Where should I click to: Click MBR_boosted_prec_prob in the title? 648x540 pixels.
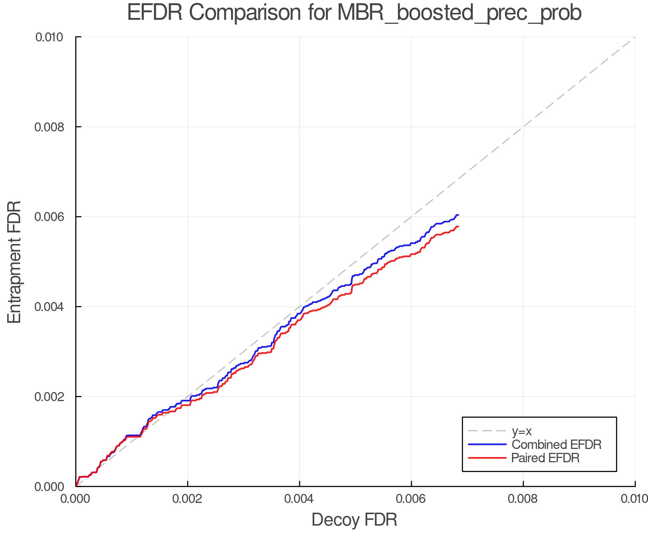pyautogui.click(x=459, y=13)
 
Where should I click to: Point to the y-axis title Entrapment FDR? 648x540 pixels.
pyautogui.click(x=14, y=262)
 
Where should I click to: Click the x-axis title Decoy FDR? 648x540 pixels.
pyautogui.click(x=354, y=520)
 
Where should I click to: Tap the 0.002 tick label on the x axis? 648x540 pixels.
pyautogui.click(x=187, y=499)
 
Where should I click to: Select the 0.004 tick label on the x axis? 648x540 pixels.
pyautogui.click(x=299, y=499)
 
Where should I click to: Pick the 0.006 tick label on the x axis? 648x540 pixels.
pyautogui.click(x=411, y=499)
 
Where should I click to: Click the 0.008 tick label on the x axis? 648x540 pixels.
pyautogui.click(x=523, y=499)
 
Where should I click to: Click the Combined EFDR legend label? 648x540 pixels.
pyautogui.click(x=557, y=445)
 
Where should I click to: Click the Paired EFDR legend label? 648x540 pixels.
pyautogui.click(x=545, y=458)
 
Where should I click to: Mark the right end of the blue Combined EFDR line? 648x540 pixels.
pyautogui.click(x=458, y=215)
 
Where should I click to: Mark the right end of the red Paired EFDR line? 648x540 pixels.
pyautogui.click(x=458, y=226)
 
